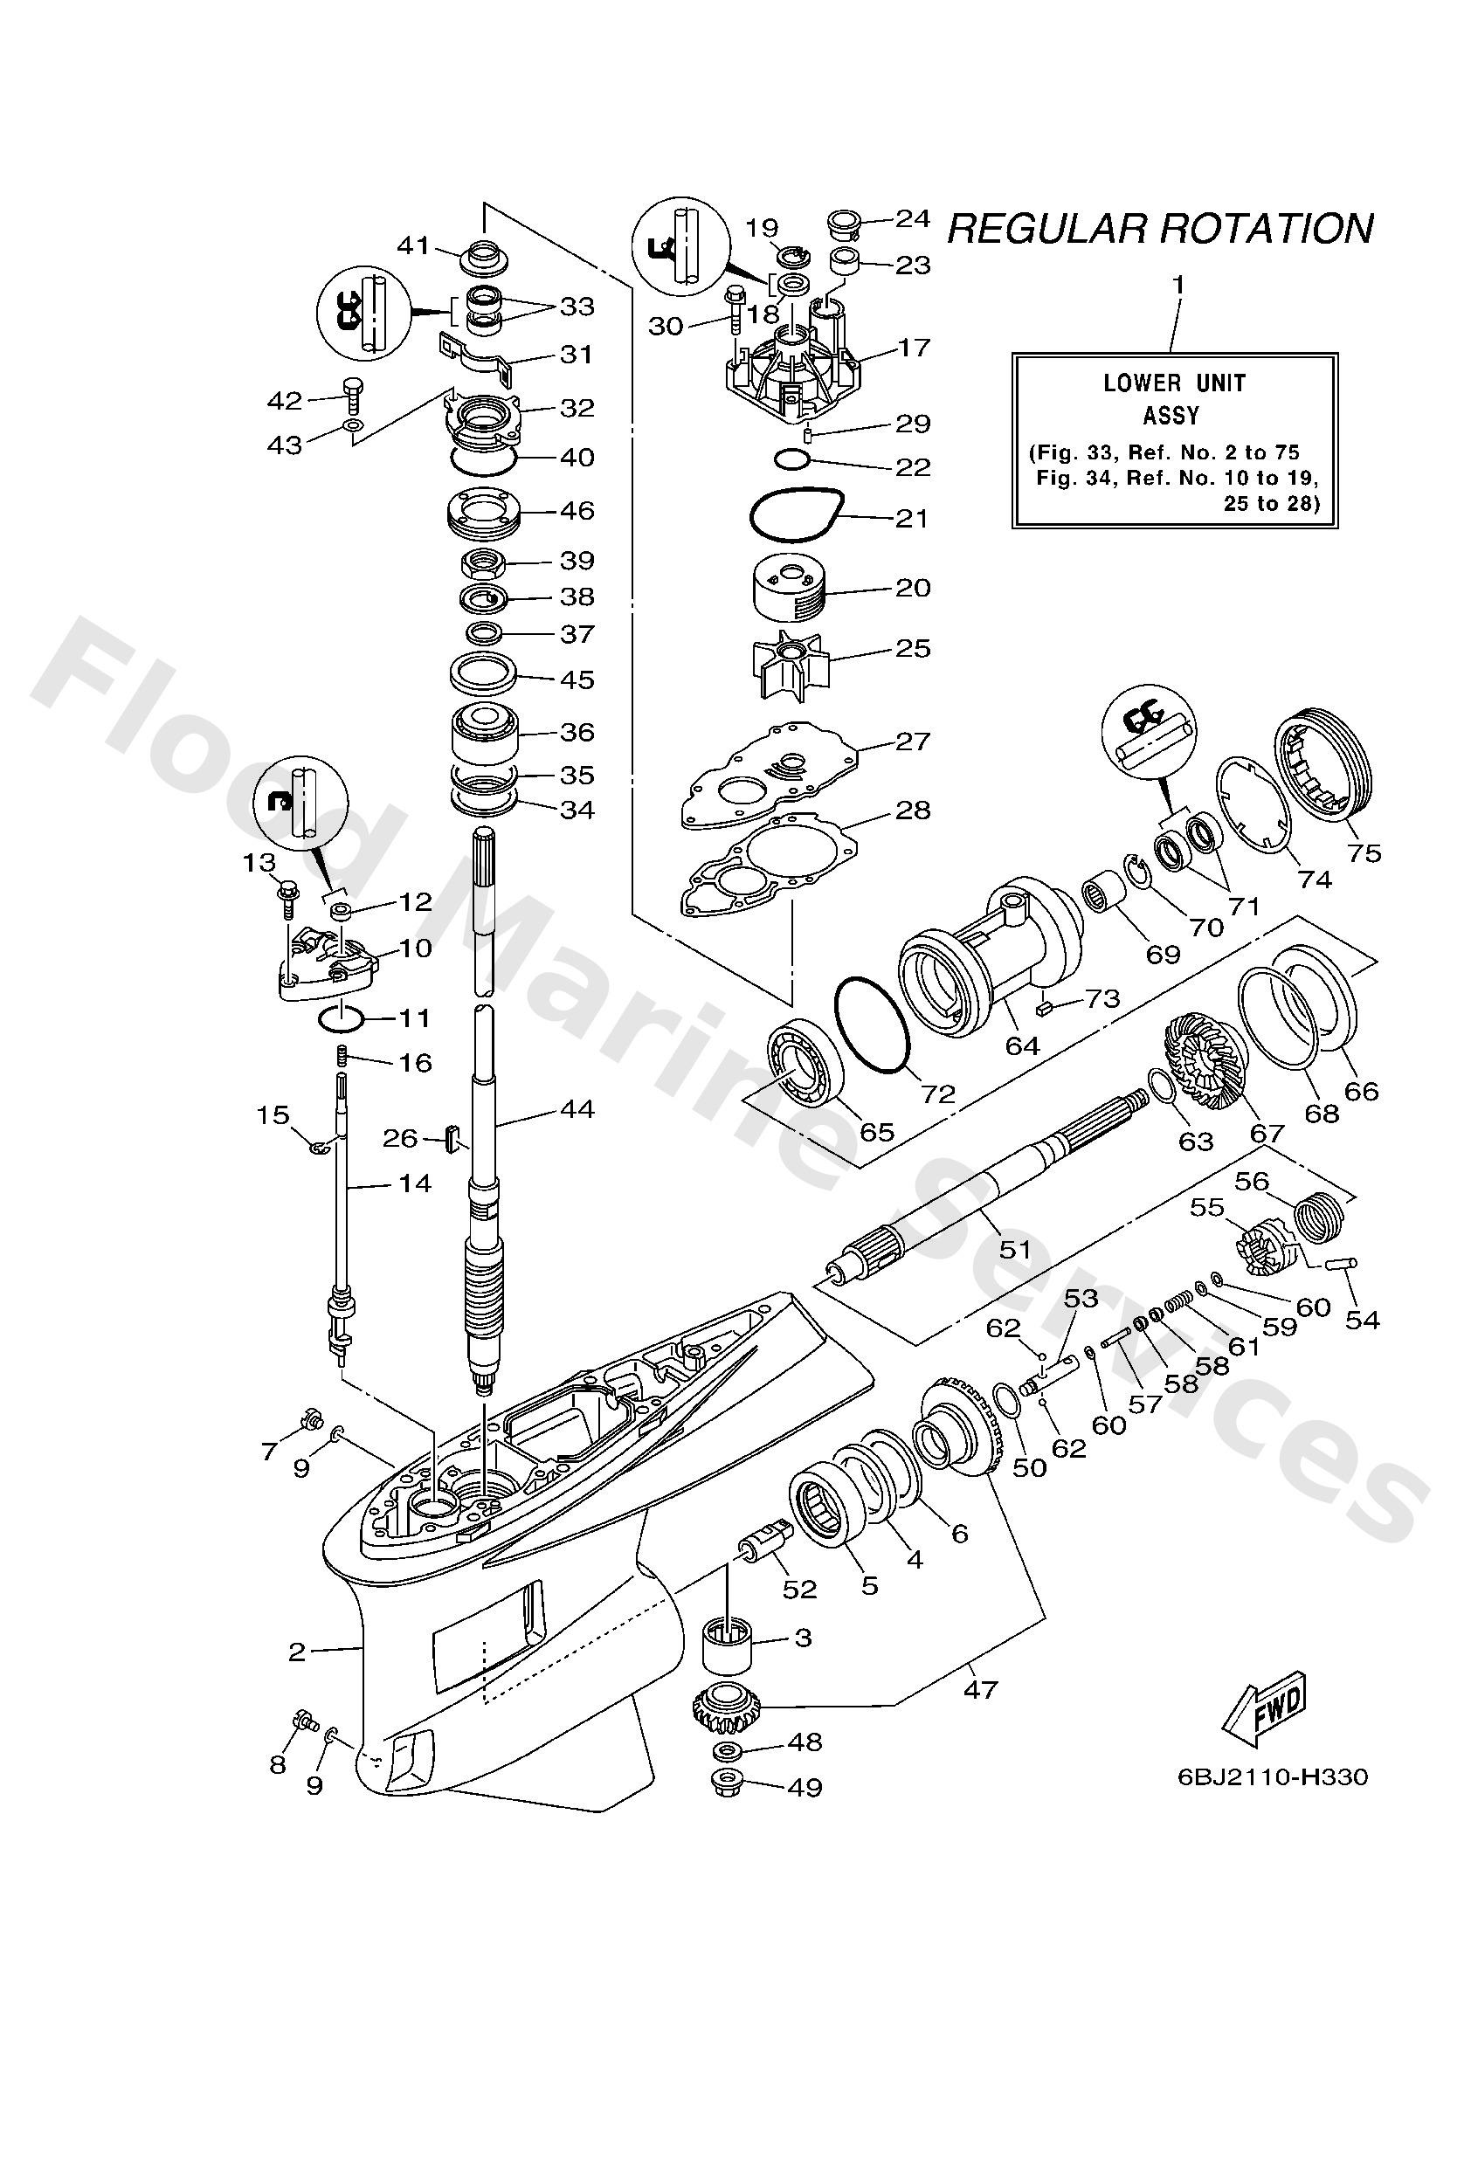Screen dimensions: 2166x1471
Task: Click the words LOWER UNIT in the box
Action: tap(1174, 383)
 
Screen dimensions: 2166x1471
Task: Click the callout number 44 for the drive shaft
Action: tap(577, 1109)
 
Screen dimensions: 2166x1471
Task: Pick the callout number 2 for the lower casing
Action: tap(296, 1652)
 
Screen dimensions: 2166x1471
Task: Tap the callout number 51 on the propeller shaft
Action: tap(1014, 1248)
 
